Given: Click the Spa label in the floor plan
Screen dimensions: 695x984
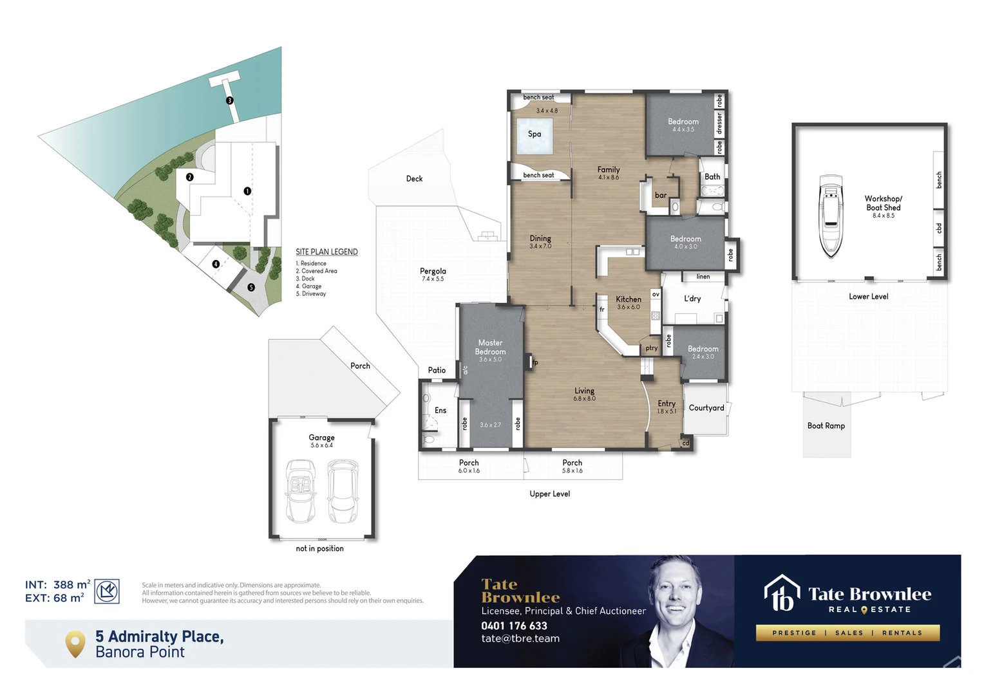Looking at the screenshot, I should (x=535, y=134).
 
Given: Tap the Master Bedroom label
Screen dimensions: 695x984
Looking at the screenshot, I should (x=491, y=347).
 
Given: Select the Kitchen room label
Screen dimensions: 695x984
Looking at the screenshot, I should (x=629, y=299).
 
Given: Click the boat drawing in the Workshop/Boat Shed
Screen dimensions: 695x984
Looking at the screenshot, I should (x=831, y=216).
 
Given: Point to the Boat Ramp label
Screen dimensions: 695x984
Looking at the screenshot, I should (x=826, y=426).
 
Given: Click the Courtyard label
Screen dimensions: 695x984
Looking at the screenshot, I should (x=706, y=408).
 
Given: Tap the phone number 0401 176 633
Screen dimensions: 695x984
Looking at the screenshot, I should (x=514, y=625).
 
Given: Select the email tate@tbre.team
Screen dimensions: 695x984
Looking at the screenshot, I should (x=520, y=639).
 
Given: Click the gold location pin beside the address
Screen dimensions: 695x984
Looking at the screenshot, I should (x=75, y=644).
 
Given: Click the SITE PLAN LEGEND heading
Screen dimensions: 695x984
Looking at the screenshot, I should (x=326, y=252).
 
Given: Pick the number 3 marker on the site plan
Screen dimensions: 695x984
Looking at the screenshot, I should (x=229, y=100).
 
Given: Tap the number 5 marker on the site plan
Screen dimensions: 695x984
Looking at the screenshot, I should (x=251, y=288).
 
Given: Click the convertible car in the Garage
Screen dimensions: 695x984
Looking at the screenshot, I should (x=301, y=490).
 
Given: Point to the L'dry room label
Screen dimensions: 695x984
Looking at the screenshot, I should (x=692, y=299).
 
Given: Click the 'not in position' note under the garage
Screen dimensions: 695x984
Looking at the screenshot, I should (x=319, y=549).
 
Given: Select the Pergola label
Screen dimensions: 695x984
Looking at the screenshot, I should (x=433, y=272).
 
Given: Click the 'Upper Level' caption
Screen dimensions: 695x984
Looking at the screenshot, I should (x=549, y=494).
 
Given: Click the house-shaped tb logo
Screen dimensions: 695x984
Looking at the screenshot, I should (x=782, y=593).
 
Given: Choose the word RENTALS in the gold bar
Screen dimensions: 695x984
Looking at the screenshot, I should (x=902, y=633).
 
